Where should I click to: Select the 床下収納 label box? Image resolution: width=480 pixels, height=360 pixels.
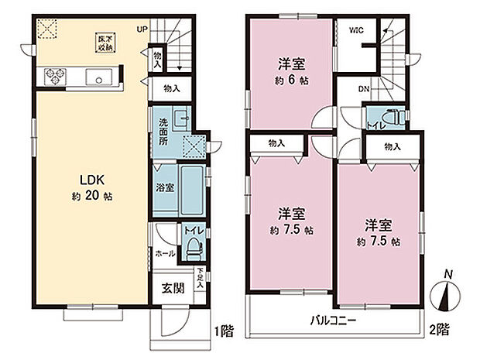tap(104, 43)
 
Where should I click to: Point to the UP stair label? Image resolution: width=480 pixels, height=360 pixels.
tap(141, 29)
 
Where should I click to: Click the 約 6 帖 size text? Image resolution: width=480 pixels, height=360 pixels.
tap(292, 81)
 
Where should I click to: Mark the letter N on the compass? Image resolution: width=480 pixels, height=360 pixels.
tap(447, 274)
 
